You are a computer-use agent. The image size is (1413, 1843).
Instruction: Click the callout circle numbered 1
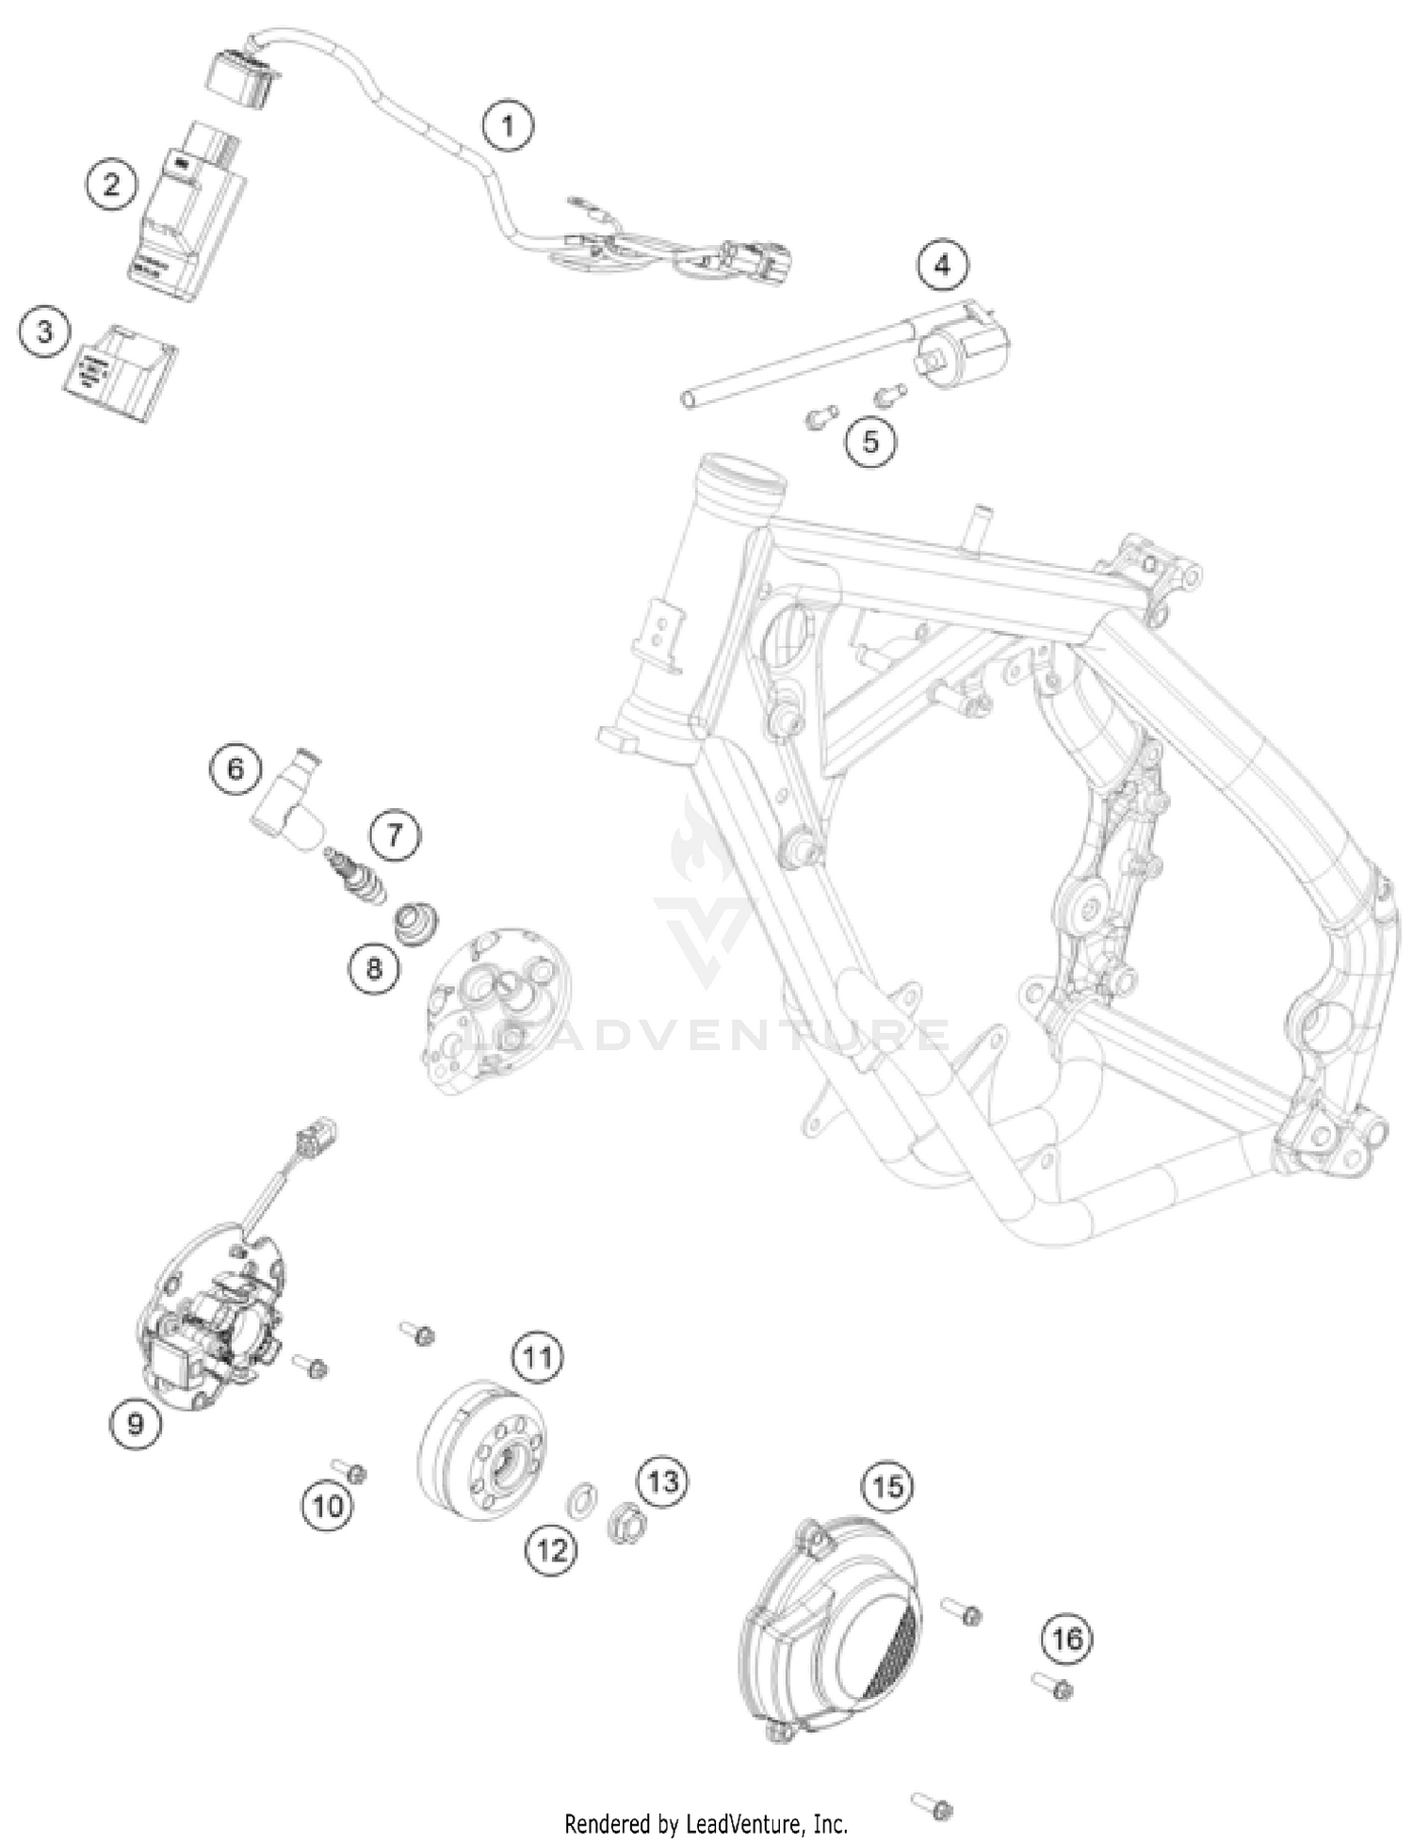[x=508, y=125]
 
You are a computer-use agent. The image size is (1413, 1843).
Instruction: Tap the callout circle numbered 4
[x=942, y=266]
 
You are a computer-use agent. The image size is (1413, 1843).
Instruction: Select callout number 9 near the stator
[x=136, y=1423]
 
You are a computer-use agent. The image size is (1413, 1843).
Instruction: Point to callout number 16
[x=1066, y=1639]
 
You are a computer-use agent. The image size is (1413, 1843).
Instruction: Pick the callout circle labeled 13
[x=662, y=1481]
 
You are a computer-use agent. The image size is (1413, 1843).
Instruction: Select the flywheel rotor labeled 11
[x=480, y=1450]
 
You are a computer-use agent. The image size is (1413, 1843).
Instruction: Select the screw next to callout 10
[x=349, y=1470]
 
